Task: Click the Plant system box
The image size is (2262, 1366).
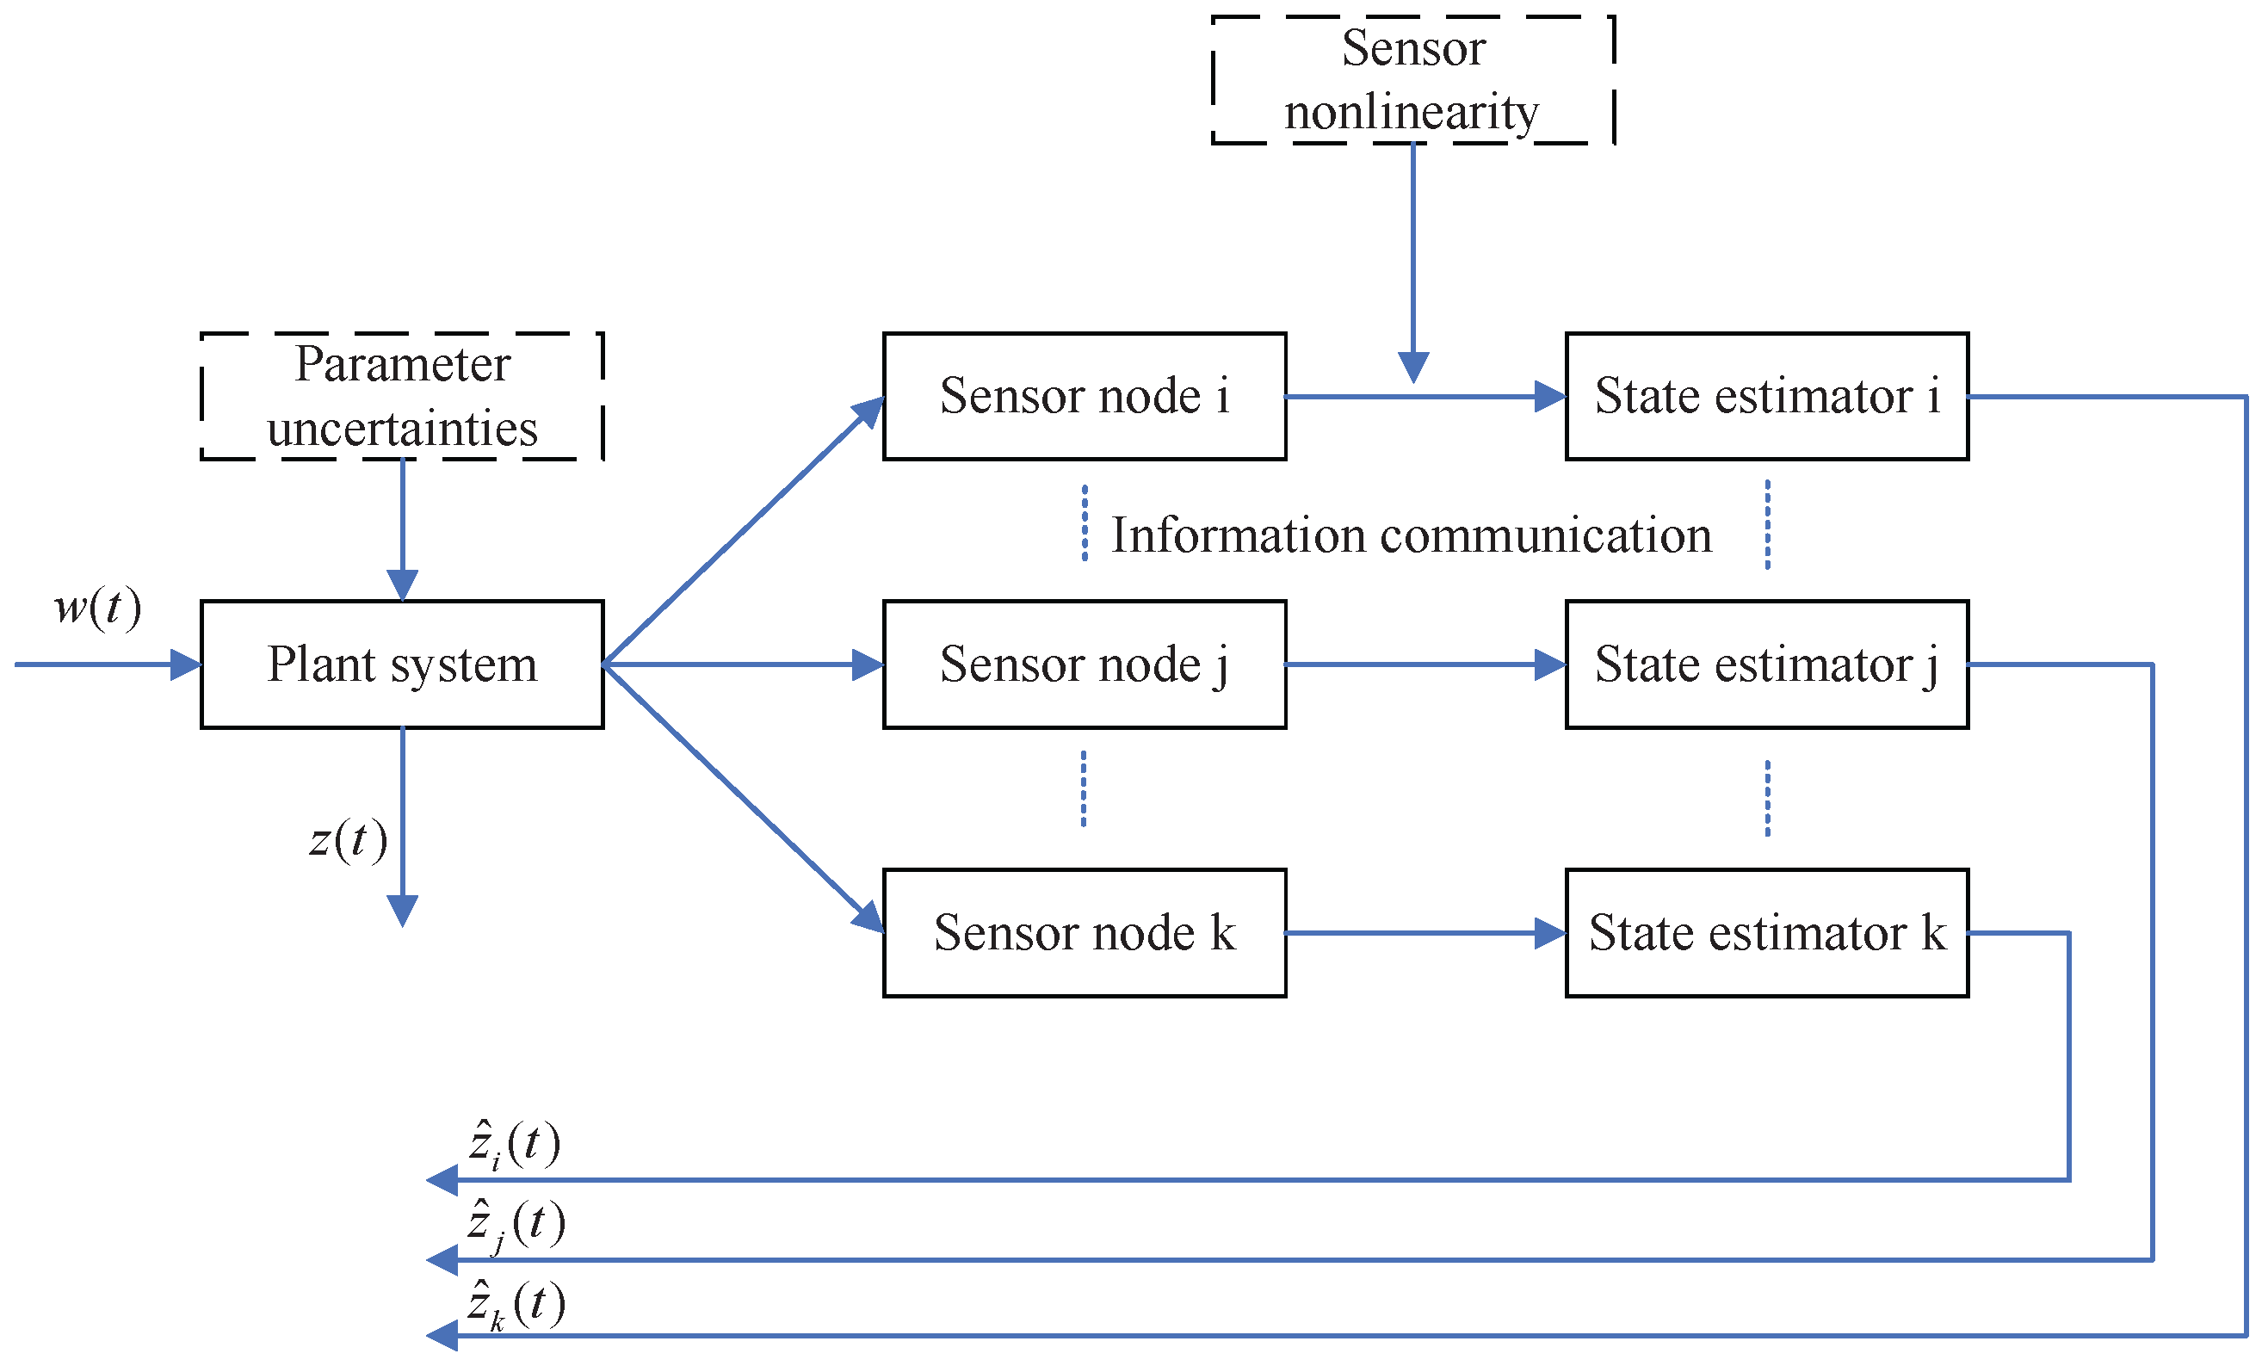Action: tap(402, 664)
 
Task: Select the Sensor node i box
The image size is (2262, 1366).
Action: tap(1085, 397)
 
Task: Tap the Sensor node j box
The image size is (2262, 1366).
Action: tap(1085, 664)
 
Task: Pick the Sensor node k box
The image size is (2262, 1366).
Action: tap(1085, 933)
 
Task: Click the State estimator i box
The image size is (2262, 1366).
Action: tap(1766, 397)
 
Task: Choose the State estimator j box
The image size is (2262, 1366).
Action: tap(1766, 664)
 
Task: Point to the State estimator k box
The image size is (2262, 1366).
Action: tap(1766, 933)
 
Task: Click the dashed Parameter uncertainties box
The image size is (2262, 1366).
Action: tap(402, 397)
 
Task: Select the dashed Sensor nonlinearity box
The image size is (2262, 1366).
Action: tap(1412, 80)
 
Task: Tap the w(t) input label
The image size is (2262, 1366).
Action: tap(97, 608)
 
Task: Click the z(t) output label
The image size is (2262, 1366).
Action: tap(348, 839)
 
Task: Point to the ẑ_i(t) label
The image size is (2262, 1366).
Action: tap(514, 1145)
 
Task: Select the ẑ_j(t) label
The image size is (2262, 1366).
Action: tap(516, 1225)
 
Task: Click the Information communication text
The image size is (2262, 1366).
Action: tap(1411, 535)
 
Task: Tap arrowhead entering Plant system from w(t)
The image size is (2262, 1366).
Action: tap(187, 664)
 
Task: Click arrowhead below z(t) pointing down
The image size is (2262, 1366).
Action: tap(402, 911)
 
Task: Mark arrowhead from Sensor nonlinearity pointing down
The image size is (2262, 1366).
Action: tap(1412, 368)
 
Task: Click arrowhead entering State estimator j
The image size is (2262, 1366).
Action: tap(1550, 664)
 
